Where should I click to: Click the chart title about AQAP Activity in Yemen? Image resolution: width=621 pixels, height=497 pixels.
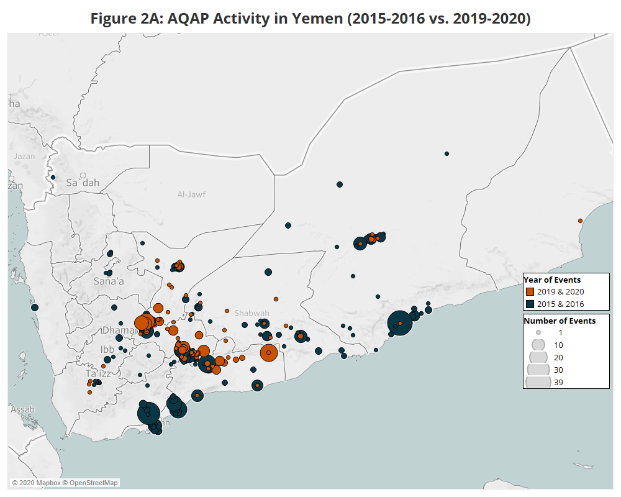(310, 18)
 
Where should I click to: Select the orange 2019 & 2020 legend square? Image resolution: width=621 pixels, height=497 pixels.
(530, 291)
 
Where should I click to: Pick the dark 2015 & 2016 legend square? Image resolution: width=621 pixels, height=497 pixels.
(530, 304)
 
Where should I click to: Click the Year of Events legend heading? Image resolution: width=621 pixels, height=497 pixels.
(552, 280)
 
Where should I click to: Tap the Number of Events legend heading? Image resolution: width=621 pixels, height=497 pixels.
(560, 321)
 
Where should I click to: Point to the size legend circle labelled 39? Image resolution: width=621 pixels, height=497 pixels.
(538, 381)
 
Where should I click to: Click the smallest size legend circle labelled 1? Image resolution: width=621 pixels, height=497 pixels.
(538, 332)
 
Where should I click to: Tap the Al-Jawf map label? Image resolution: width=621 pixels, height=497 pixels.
(191, 194)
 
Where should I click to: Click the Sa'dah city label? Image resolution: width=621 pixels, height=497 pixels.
(83, 183)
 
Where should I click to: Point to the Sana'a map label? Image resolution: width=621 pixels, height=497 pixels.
(109, 281)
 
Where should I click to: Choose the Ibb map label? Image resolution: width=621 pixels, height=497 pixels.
(107, 349)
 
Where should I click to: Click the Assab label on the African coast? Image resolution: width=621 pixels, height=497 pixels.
(22, 409)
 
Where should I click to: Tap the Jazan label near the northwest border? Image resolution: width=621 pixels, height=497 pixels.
(24, 157)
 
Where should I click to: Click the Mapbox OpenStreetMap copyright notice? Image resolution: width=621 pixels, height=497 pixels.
(65, 483)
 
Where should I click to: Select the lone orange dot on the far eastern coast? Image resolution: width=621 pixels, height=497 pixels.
(580, 221)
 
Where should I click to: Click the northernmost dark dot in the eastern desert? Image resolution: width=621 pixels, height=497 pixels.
(446, 153)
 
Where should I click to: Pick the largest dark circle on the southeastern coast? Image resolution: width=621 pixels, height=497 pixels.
(401, 323)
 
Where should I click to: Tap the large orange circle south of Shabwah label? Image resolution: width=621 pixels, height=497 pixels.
(268, 353)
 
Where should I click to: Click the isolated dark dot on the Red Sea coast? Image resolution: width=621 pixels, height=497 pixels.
(35, 307)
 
